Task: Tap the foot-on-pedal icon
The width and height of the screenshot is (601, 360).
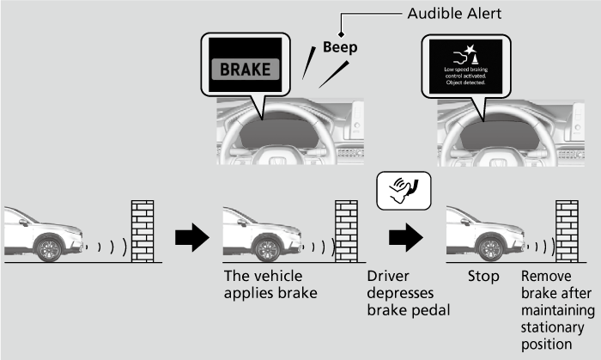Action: point(404,192)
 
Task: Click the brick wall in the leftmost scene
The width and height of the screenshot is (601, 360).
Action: point(143,230)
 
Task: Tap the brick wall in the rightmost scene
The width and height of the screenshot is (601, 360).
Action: point(567,230)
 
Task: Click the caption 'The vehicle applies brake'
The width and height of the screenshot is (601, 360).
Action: point(258,285)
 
